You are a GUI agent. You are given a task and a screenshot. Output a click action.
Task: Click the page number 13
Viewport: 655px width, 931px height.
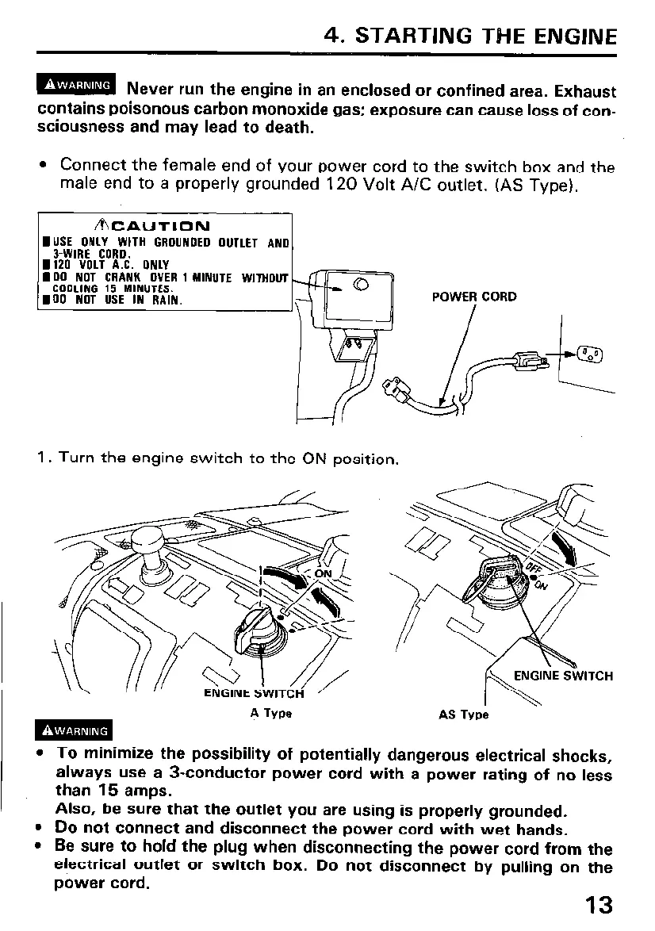click(x=599, y=905)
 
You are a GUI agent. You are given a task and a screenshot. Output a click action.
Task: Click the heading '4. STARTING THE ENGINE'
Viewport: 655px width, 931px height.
click(x=471, y=36)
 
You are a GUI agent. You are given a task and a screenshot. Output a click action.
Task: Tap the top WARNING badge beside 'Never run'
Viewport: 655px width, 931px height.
click(x=77, y=85)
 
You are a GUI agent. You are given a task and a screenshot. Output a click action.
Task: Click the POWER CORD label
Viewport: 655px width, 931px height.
click(x=473, y=297)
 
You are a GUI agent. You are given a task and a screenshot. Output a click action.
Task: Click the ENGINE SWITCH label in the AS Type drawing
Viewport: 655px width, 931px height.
click(x=563, y=676)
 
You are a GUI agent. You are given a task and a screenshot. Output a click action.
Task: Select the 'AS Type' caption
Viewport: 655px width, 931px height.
click(x=464, y=714)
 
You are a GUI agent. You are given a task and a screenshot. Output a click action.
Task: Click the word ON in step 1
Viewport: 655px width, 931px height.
click(x=315, y=460)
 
